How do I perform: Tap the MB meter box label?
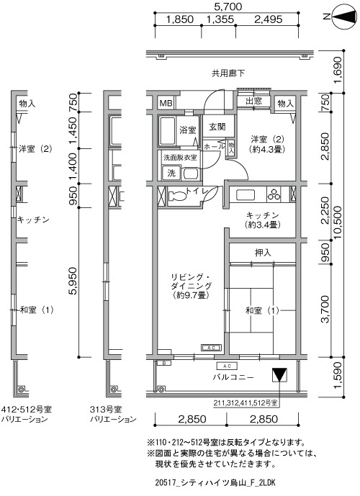click(x=166, y=103)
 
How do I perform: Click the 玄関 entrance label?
click(x=217, y=127)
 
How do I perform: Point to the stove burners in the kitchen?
click(x=274, y=194)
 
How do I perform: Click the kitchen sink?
click(x=245, y=194)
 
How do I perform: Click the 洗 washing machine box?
click(x=171, y=173)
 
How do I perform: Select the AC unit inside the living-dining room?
click(x=211, y=348)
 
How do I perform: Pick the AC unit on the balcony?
click(x=227, y=366)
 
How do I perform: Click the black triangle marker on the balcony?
click(x=279, y=374)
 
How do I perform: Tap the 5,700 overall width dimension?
click(x=228, y=6)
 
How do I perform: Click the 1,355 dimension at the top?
click(x=220, y=19)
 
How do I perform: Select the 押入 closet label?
click(x=263, y=253)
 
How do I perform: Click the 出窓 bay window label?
click(x=253, y=101)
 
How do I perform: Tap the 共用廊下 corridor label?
click(x=228, y=73)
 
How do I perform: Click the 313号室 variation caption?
click(x=106, y=410)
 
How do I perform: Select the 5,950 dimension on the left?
click(x=73, y=281)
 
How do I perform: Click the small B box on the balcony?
click(x=164, y=363)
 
